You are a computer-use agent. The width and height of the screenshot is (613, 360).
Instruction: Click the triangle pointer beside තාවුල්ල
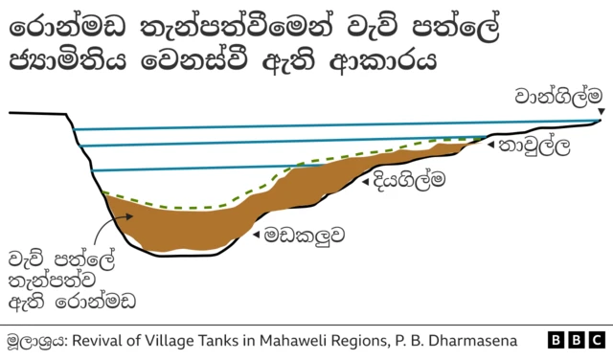pyautogui.click(x=491, y=146)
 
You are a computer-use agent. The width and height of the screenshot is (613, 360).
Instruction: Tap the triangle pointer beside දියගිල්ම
pyautogui.click(x=367, y=178)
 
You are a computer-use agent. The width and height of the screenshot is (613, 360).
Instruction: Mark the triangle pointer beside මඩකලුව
pyautogui.click(x=255, y=233)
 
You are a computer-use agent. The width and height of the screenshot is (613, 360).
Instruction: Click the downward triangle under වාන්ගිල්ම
pyautogui.click(x=600, y=114)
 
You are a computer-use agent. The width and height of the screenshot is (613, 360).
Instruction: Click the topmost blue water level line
pyautogui.click(x=335, y=125)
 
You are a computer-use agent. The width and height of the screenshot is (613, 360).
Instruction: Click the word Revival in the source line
pyautogui.click(x=102, y=341)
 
